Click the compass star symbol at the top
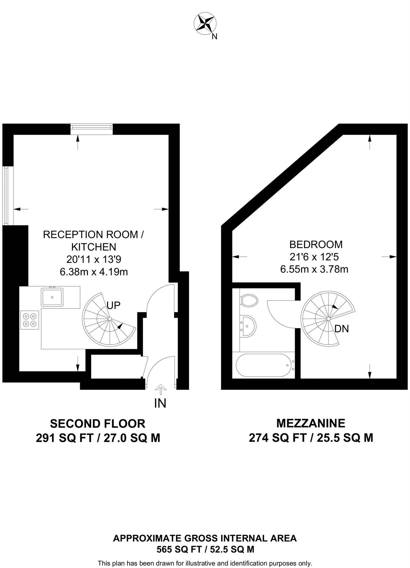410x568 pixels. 205,24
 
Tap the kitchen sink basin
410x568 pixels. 52,297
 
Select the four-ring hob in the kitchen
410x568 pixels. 30,320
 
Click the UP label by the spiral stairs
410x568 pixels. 113,305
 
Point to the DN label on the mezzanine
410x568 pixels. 342,329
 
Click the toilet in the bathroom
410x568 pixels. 249,300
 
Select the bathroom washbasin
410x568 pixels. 248,326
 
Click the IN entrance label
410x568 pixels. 160,404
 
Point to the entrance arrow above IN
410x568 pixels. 161,389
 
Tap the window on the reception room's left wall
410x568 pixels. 8,196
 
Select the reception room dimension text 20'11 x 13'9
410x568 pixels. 94,260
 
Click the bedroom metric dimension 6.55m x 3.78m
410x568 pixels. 314,269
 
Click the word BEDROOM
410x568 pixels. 316,245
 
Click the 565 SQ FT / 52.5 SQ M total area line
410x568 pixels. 205,549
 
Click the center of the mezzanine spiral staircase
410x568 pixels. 328,319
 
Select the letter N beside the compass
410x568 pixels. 214,37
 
